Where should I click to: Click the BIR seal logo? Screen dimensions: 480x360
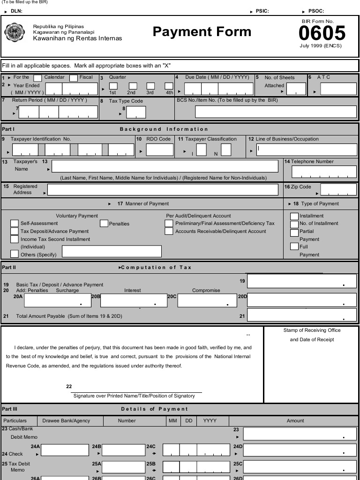coord(14,32)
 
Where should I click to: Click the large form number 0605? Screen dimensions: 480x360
coord(322,33)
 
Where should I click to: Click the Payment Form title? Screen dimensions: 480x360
coord(202,32)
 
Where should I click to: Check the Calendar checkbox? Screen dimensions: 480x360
coord(38,78)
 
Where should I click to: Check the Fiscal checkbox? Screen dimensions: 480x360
coord(74,78)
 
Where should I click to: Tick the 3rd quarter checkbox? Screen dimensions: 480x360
coord(150,86)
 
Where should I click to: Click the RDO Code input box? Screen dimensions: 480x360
coord(160,150)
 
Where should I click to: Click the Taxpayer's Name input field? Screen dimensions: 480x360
coord(165,166)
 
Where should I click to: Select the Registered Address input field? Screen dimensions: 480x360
coord(163,190)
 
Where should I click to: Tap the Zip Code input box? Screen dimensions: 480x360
coord(338,190)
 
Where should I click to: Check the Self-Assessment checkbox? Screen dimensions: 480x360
coord(15,224)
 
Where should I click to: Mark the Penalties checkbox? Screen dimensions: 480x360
coord(104,224)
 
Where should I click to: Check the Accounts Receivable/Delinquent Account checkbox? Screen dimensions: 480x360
coord(169,232)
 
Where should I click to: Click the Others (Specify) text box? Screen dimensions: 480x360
coord(112,251)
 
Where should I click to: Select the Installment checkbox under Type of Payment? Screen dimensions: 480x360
coord(294,216)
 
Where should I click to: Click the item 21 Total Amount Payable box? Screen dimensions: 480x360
coord(301,315)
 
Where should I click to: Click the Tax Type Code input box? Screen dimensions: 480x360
coord(136,112)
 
